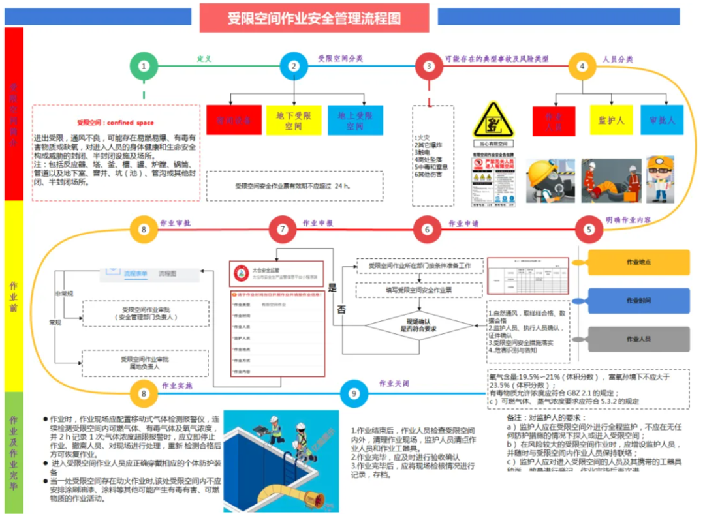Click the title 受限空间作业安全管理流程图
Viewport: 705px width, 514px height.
point(314,18)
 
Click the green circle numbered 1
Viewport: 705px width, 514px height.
point(144,66)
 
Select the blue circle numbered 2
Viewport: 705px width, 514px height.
point(294,66)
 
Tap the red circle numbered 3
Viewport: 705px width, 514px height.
point(429,66)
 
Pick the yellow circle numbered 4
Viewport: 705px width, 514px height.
point(582,66)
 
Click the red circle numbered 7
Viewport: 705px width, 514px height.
point(283,230)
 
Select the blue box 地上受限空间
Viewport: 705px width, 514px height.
point(355,120)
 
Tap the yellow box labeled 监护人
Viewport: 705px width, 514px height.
point(611,120)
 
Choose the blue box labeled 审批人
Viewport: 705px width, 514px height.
point(662,120)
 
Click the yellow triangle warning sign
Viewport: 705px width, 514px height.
point(493,119)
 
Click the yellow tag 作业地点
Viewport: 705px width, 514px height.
point(638,262)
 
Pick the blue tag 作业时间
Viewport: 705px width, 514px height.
point(638,301)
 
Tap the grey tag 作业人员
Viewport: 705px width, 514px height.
point(638,339)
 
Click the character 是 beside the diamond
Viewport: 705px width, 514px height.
point(332,287)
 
